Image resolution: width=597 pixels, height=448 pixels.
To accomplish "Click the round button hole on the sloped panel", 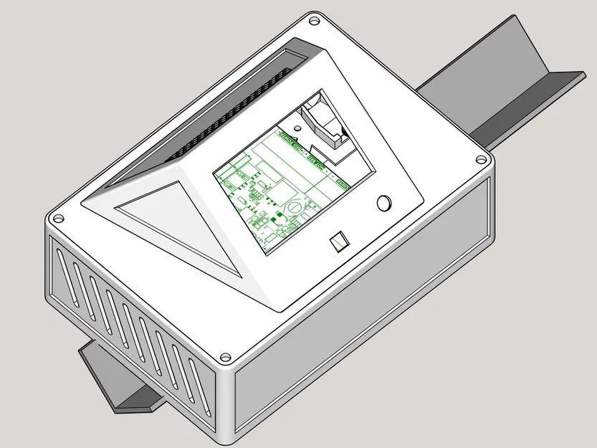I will pyautogui.click(x=385, y=203).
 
